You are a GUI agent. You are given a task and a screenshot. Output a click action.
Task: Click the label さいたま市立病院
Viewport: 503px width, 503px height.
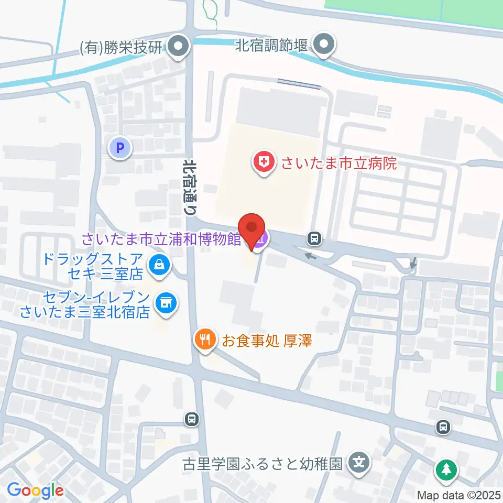coord(338,163)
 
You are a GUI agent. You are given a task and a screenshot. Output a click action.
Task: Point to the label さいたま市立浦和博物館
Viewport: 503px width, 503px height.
coord(161,239)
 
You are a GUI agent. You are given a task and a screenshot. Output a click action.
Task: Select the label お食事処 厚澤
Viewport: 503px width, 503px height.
coord(267,341)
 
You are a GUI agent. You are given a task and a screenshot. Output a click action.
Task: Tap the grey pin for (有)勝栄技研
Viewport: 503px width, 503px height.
coord(179,47)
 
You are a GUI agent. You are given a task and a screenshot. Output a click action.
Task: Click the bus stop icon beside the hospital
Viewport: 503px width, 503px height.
coord(314,239)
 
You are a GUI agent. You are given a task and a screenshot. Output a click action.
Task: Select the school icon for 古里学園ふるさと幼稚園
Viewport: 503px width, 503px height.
coord(360,463)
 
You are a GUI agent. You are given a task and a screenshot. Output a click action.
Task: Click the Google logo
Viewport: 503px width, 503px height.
coord(35,491)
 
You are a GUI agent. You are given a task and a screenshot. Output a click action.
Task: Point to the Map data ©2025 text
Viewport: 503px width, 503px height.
coord(458,495)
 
